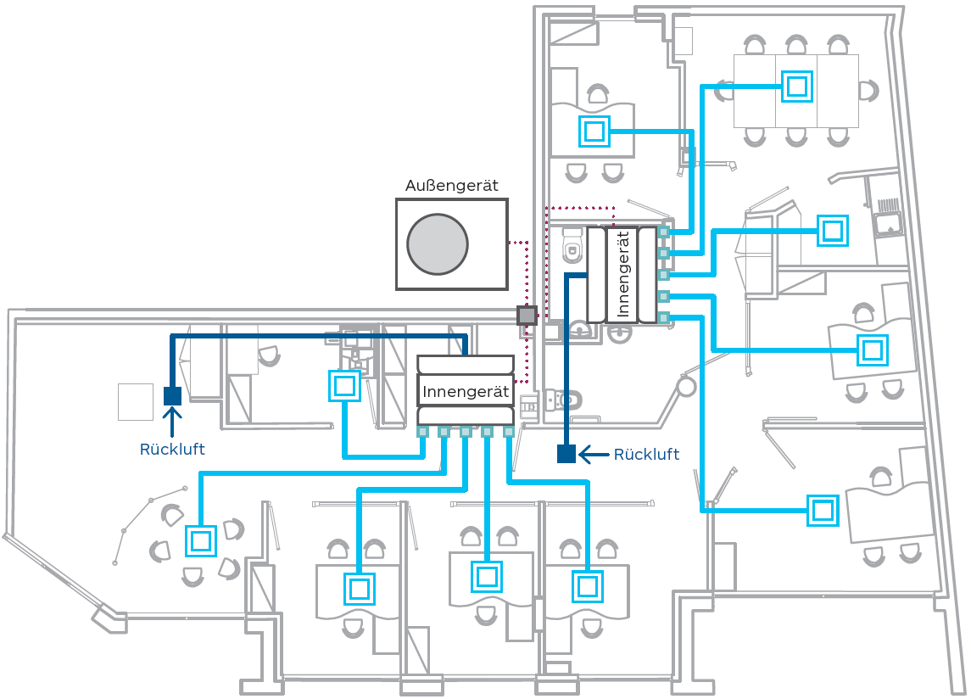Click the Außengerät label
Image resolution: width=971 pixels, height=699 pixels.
point(451,186)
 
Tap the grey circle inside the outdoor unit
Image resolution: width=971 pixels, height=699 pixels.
point(438,243)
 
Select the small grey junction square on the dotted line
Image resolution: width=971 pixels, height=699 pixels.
point(527,316)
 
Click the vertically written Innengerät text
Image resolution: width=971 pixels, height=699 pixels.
point(623,274)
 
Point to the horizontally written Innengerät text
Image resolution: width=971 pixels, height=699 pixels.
point(466,393)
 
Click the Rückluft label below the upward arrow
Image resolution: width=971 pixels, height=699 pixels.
point(172,450)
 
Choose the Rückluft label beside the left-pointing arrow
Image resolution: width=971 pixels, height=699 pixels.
point(646,455)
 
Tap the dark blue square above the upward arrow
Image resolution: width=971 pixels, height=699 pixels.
point(172,395)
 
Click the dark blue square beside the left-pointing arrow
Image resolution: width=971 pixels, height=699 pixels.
point(566,454)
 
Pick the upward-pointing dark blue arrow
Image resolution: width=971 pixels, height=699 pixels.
point(172,419)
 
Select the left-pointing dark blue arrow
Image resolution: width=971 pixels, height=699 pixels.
point(594,455)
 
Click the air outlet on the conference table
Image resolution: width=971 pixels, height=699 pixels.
point(796,86)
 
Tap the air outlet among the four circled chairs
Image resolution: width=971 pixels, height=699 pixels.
point(200,540)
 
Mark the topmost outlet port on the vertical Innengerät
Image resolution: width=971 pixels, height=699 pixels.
point(663,232)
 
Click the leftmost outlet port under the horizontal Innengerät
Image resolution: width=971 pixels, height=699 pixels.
point(422,432)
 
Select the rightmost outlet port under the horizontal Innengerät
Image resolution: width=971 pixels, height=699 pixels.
point(509,432)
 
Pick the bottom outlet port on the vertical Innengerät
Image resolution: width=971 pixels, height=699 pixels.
point(663,317)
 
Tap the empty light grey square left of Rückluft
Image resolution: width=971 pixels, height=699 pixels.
point(136,401)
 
